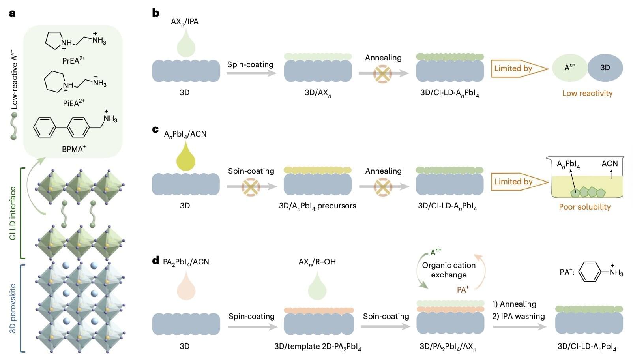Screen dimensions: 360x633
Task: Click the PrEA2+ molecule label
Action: pyautogui.click(x=73, y=60)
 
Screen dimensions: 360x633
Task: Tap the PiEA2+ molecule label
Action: pyautogui.click(x=73, y=103)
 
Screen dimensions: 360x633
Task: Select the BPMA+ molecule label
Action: pyautogui.click(x=73, y=149)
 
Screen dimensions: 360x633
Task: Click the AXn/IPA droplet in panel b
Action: pyautogui.click(x=185, y=44)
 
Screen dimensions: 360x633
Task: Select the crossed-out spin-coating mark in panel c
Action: pyautogui.click(x=251, y=186)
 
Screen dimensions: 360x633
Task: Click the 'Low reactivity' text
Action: pyautogui.click(x=587, y=93)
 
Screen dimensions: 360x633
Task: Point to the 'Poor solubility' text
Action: pyautogui.click(x=584, y=206)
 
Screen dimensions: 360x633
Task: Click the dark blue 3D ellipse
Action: pyautogui.click(x=605, y=68)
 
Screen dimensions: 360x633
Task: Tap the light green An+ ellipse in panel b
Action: pyautogui.click(x=569, y=68)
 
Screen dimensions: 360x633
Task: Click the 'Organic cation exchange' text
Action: pyautogui.click(x=449, y=270)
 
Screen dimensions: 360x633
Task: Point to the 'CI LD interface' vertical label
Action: pyautogui.click(x=13, y=213)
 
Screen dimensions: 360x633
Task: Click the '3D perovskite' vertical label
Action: pyautogui.click(x=13, y=308)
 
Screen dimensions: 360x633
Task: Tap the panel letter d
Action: pyautogui.click(x=155, y=261)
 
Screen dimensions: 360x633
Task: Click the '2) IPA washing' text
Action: pyautogui.click(x=518, y=316)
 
